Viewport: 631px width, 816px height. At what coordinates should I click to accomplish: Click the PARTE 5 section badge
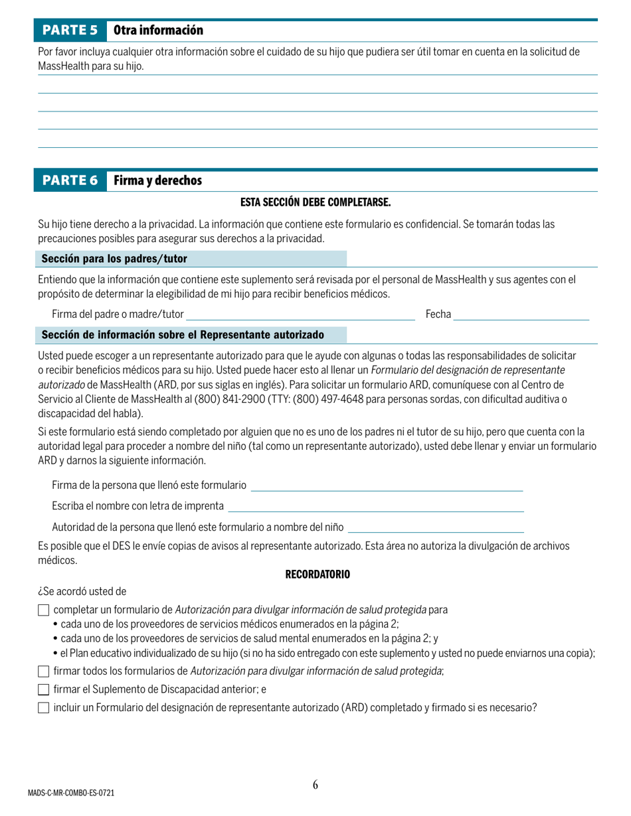70,31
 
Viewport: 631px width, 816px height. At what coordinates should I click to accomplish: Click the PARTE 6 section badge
70,180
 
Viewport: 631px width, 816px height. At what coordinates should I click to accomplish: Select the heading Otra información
158,31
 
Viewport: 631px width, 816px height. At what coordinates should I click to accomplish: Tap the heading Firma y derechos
157,180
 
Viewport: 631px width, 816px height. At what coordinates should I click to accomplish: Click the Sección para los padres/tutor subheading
114,259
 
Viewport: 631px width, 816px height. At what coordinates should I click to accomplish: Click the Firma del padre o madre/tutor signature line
300,315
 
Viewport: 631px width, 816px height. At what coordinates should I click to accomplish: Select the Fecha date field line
521,315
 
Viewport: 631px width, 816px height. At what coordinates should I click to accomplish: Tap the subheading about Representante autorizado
183,334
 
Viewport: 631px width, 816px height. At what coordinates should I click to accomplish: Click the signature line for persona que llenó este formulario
387,487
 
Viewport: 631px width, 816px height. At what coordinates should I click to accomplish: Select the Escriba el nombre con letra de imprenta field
375,508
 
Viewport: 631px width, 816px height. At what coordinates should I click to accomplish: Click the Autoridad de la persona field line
436,529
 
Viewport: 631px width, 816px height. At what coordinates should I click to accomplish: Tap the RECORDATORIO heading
317,575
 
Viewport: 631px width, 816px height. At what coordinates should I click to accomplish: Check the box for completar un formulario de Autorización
44,610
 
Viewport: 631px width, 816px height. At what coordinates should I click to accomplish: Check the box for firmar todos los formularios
44,671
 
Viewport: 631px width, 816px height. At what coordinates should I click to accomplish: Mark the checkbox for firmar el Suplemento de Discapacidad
44,689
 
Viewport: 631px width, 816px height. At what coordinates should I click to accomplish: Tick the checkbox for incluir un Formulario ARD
44,708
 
